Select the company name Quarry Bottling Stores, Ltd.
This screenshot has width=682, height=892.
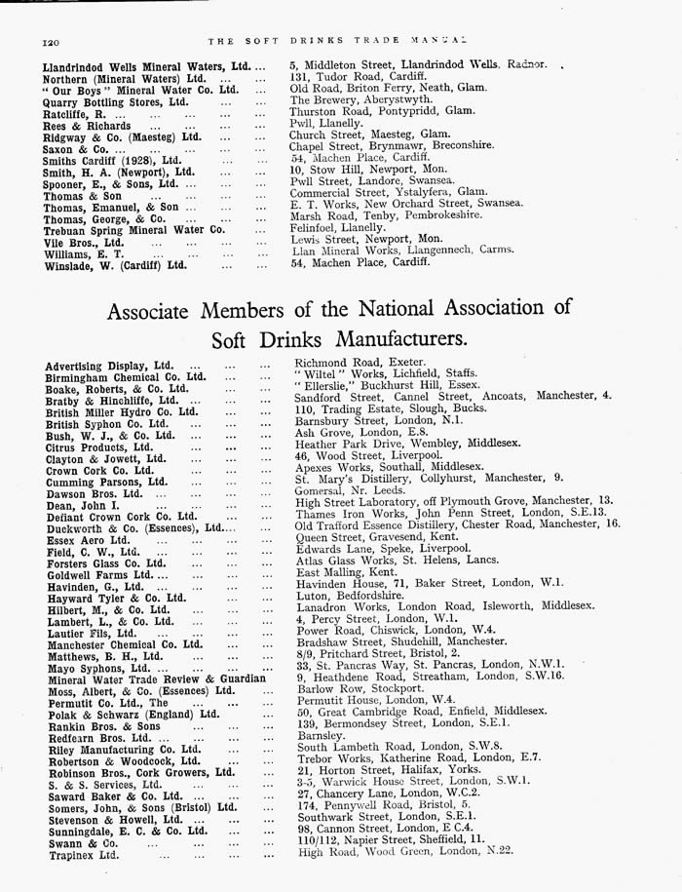coord(116,100)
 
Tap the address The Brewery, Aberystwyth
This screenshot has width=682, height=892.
coord(361,99)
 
